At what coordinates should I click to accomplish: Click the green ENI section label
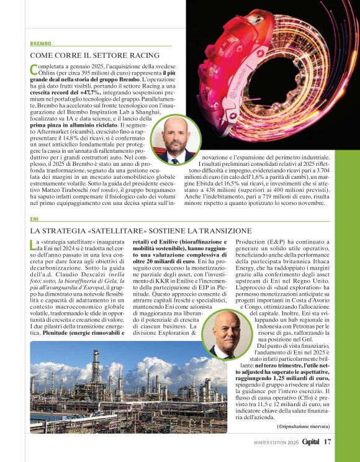tap(34, 219)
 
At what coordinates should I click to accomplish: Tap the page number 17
tap(327, 442)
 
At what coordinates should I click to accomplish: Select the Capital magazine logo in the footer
tap(307, 442)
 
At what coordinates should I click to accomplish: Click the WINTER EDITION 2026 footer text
tap(276, 442)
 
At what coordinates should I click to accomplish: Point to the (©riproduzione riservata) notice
tap(304, 425)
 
